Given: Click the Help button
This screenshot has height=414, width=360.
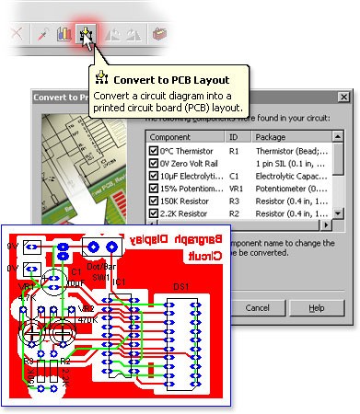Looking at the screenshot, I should (316, 307).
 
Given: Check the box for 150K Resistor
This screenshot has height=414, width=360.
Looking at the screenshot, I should (154, 201).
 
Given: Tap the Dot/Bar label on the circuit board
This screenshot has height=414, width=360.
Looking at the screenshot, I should (99, 268).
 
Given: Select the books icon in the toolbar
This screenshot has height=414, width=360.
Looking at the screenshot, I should (62, 36).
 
